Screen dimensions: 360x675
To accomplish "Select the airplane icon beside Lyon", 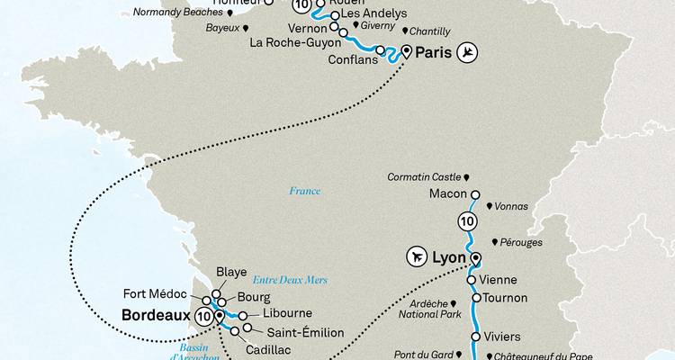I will pyautogui.click(x=418, y=256).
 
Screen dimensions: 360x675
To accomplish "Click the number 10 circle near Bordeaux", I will pyautogui.click(x=202, y=316).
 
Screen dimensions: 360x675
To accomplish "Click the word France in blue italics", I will pyautogui.click(x=304, y=191).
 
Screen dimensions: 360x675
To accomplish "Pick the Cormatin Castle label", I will pyautogui.click(x=422, y=177).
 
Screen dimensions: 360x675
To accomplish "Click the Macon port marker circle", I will pyautogui.click(x=476, y=194).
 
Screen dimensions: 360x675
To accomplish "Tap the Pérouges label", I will pyautogui.click(x=518, y=244).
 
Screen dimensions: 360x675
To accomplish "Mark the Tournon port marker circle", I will pyautogui.click(x=475, y=297).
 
